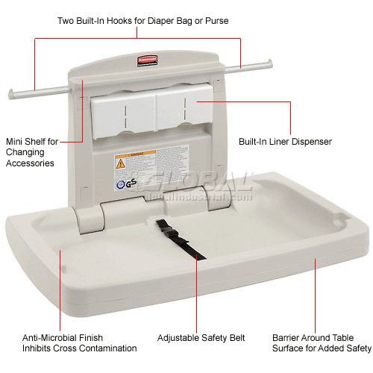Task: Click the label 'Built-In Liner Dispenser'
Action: click(x=285, y=141)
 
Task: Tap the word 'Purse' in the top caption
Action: click(x=214, y=20)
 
